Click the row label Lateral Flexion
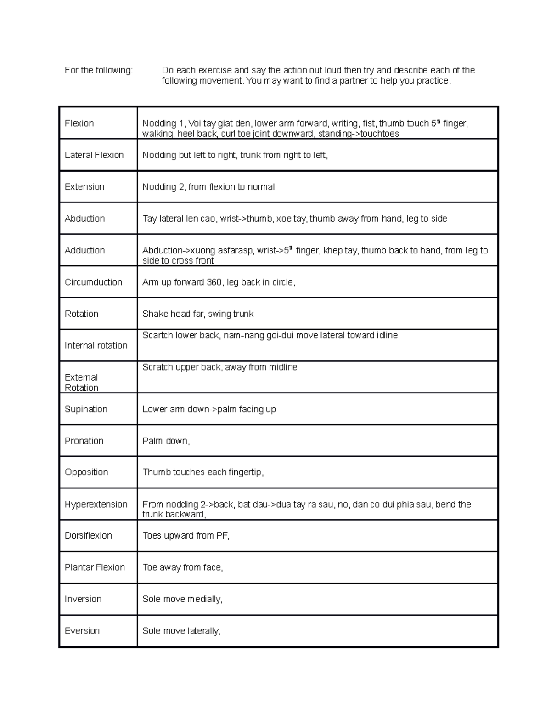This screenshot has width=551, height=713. point(94,155)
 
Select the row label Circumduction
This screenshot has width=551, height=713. point(93,282)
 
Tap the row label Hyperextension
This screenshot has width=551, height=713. point(96,504)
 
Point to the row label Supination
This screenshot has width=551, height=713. point(86,409)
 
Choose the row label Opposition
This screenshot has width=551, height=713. point(86,472)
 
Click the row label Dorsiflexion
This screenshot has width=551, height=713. point(88,535)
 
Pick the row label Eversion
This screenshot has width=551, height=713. point(82,631)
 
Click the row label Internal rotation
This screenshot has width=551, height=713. point(96,346)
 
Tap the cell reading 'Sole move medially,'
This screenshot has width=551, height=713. point(182,599)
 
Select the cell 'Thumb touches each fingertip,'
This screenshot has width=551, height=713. point(203,472)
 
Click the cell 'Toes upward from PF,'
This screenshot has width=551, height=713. point(186,535)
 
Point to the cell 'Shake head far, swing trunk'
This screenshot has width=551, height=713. point(198,314)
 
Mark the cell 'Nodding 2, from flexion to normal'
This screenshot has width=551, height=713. point(208,187)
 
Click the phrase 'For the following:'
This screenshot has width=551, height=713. point(99,70)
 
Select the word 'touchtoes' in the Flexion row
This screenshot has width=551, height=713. point(379,134)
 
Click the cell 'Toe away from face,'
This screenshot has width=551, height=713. point(183,567)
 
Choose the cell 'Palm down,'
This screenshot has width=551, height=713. point(166,441)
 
